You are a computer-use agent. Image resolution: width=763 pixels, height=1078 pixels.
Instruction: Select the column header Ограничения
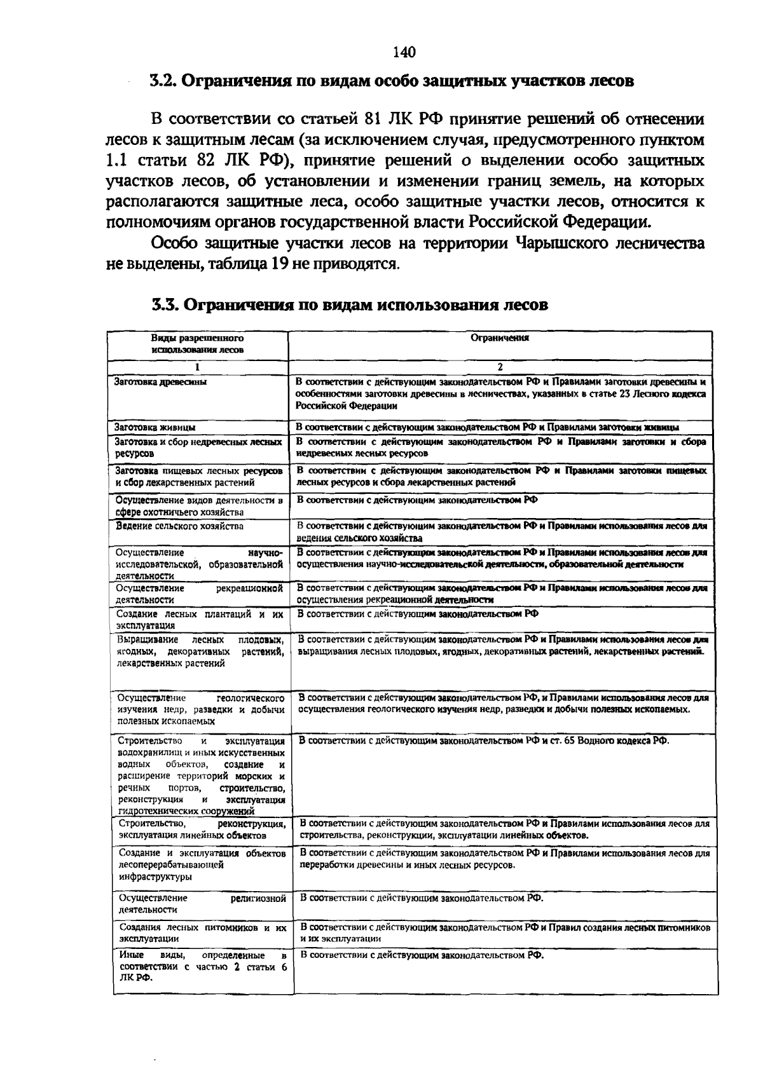pos(500,338)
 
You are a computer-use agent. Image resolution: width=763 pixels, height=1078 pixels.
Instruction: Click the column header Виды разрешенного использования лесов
pos(197,344)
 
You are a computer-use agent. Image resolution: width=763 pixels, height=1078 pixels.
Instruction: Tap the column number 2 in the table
pos(500,367)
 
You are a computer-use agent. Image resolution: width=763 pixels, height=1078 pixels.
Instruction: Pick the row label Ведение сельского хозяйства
pos(179,526)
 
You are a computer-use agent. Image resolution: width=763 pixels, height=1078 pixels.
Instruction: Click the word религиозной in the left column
pos(258,898)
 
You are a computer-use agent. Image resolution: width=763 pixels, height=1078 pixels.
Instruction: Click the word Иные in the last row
pos(131,955)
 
